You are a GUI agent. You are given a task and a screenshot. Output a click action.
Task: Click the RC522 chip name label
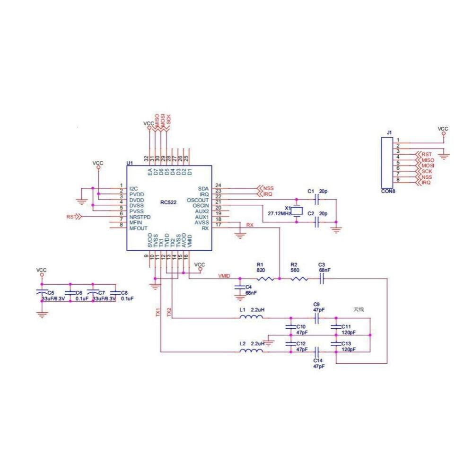168,203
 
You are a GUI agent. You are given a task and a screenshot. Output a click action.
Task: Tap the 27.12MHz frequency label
279,214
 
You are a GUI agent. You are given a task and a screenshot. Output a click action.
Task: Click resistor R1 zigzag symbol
266,279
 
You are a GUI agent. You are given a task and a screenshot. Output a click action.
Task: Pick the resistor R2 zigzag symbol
299,279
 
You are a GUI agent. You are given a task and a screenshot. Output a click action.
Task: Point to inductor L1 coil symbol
251,317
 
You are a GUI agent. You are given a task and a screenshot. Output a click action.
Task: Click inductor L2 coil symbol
251,351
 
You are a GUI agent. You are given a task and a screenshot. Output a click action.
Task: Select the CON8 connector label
388,192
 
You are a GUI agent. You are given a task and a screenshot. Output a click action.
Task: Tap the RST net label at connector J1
427,154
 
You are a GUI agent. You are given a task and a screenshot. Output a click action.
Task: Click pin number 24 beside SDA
218,185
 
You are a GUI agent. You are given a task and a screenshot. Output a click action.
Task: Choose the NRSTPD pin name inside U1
140,217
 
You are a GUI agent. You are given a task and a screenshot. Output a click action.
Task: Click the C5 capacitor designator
51,293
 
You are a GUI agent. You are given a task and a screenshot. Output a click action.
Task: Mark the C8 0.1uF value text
127,299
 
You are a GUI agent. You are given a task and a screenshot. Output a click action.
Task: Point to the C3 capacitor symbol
322,279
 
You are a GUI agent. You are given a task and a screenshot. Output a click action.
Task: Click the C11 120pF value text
349,333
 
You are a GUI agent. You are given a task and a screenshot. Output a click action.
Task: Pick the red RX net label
250,225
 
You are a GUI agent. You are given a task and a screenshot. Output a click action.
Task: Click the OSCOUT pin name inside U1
198,200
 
